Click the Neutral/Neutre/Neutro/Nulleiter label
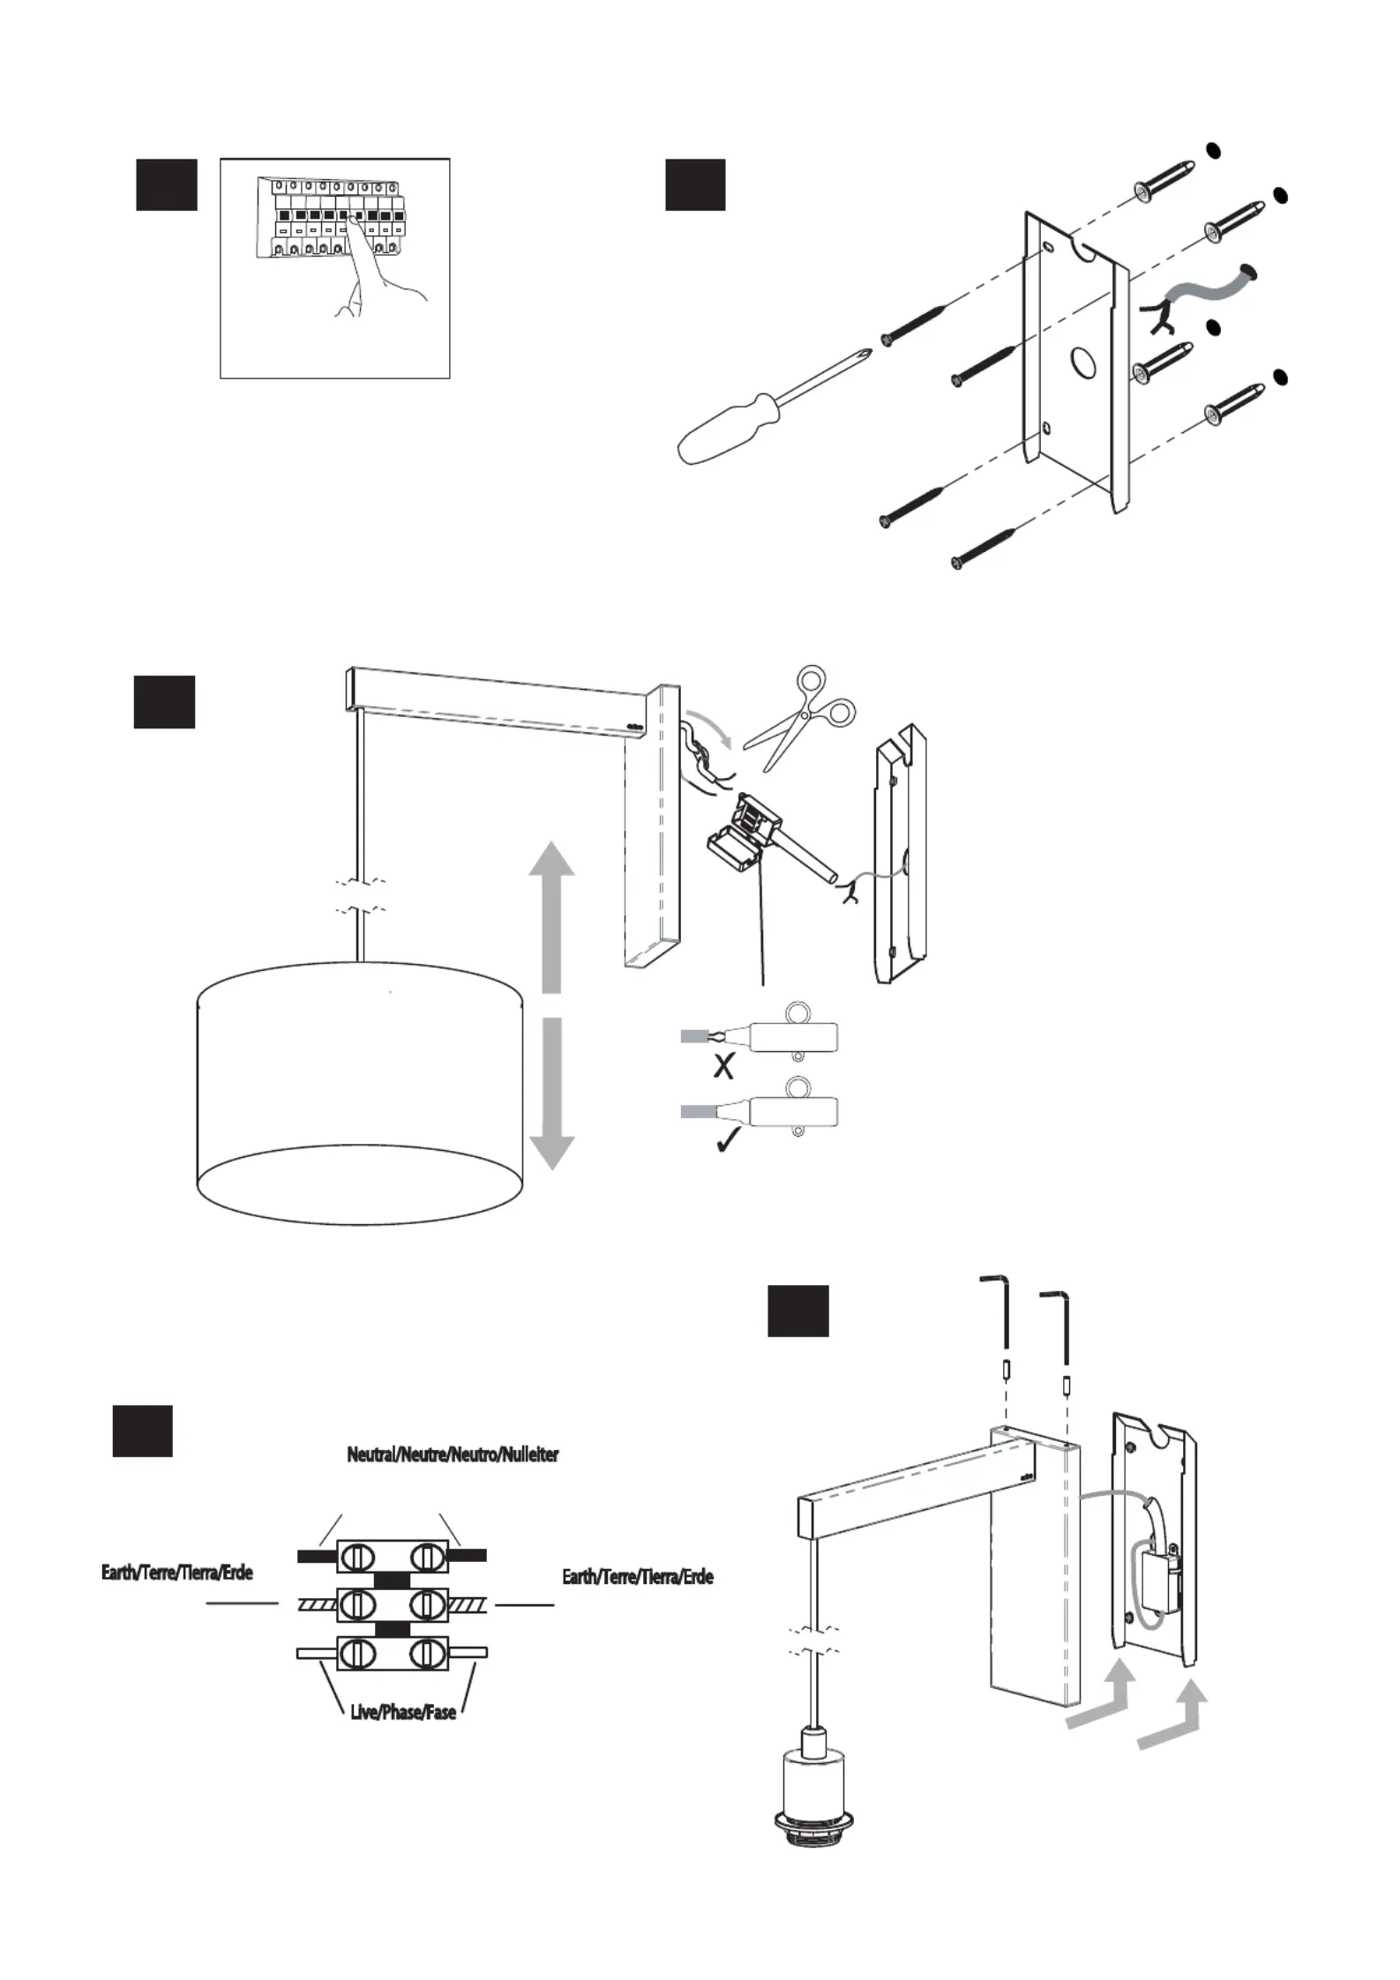(x=453, y=1453)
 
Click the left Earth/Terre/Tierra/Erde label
(x=177, y=1573)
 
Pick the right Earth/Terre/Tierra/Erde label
(x=638, y=1576)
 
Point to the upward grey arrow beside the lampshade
(x=551, y=917)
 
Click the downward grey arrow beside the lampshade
(x=551, y=1094)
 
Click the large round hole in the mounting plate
(x=1082, y=361)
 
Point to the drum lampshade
(x=360, y=1094)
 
